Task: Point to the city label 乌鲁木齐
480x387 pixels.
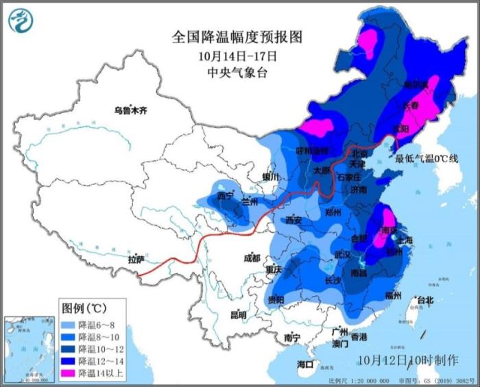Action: click(130, 110)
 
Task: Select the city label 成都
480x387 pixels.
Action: click(251, 258)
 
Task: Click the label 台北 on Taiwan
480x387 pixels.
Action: click(424, 299)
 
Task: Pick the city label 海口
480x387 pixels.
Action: click(305, 364)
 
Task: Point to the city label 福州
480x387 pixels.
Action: click(393, 296)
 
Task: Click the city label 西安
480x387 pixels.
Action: click(293, 221)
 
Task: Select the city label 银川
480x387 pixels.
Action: click(271, 177)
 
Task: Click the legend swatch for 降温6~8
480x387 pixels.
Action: click(69, 324)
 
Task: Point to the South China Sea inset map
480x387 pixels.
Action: click(28, 349)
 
